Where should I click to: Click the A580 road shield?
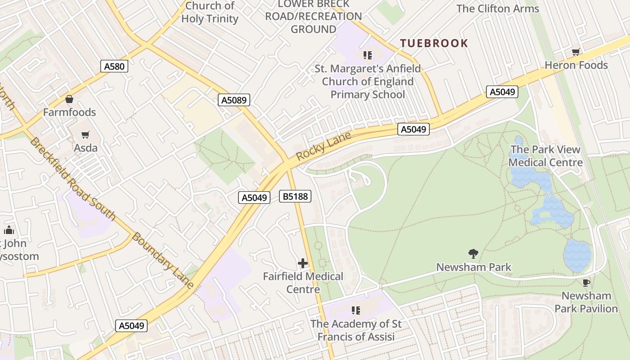pos(114,67)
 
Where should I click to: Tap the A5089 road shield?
pos(234,100)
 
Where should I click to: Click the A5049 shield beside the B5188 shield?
pos(254,198)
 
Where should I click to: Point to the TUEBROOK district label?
pos(434,43)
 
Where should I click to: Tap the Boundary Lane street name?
pos(163,261)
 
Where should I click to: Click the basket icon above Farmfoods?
pos(69,99)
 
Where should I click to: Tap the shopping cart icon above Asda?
pos(85,135)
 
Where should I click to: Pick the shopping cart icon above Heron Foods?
pos(576,52)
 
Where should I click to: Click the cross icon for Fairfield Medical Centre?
pos(303,263)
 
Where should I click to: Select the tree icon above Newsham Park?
pos(473,254)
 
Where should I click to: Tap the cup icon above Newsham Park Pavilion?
pos(586,283)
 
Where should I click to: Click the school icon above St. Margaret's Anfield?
pos(368,55)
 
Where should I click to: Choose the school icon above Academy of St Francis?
pos(356,310)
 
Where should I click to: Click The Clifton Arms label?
pos(497,9)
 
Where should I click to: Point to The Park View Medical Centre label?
pos(545,156)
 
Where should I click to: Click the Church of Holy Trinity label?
pos(210,12)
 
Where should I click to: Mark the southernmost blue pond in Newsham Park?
pos(577,255)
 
